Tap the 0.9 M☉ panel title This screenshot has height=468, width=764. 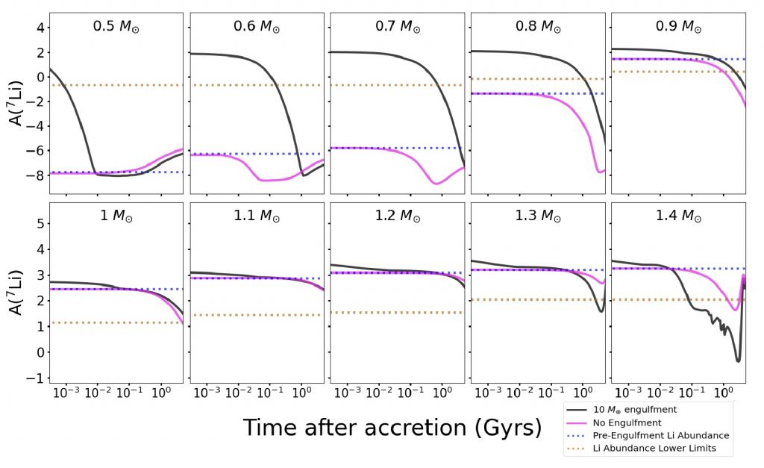[678, 26]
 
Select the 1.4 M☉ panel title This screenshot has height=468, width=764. [678, 217]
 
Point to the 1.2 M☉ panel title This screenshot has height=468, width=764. [397, 217]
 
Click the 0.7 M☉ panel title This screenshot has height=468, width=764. [397, 26]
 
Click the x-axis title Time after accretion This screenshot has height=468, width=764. [392, 427]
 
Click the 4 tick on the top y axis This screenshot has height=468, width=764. [40, 28]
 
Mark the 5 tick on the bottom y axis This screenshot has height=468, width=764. [40, 224]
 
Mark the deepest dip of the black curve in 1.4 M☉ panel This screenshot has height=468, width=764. [737, 361]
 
